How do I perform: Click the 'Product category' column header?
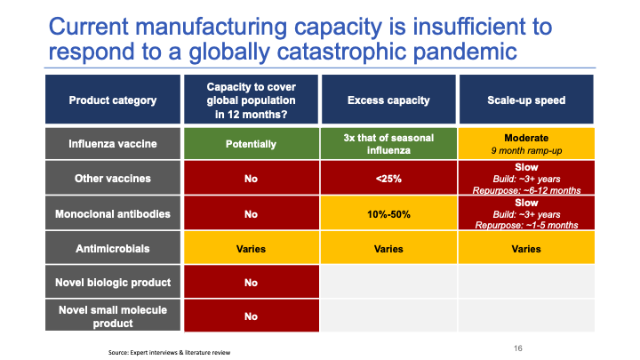[113, 100]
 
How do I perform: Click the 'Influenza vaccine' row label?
[113, 143]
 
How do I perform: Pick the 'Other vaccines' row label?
[113, 178]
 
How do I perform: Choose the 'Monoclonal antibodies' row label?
[113, 213]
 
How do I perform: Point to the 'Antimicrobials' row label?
[113, 249]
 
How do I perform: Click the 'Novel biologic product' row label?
[113, 283]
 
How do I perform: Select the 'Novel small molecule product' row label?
[113, 315]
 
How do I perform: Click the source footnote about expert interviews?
[170, 353]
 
